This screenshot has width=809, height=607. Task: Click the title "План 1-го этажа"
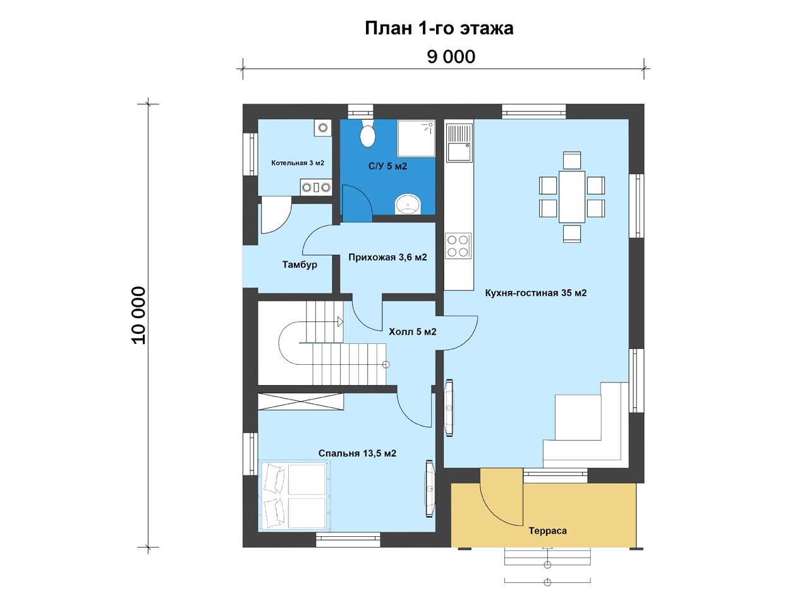439,28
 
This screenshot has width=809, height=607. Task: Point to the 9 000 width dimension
451,57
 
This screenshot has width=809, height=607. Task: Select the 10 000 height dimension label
138,315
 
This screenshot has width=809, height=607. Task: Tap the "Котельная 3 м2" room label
298,163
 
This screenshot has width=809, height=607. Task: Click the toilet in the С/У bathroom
367,133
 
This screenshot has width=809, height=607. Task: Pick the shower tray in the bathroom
416,138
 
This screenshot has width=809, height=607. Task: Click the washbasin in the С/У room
408,204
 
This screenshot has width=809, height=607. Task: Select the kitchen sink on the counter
459,143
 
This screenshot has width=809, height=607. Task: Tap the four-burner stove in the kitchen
458,246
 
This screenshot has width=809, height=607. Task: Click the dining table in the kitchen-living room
571,197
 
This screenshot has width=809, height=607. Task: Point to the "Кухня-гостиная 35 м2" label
535,293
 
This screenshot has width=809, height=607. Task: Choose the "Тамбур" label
300,265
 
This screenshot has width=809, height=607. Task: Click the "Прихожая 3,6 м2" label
387,257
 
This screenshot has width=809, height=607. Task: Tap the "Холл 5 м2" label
413,332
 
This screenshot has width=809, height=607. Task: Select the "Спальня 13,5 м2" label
357,453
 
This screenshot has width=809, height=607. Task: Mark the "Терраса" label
547,530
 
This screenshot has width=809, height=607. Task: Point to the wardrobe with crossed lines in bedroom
300,402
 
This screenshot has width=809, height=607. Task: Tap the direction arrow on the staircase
340,322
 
